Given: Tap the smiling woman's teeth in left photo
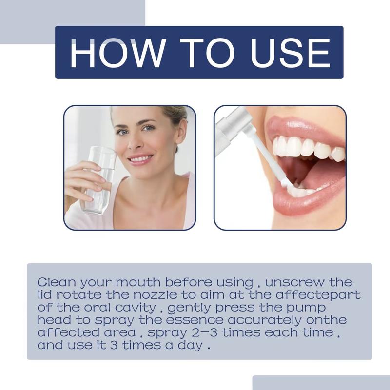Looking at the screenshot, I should pyautogui.click(x=141, y=159).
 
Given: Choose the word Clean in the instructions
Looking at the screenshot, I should pyautogui.click(x=56, y=283).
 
